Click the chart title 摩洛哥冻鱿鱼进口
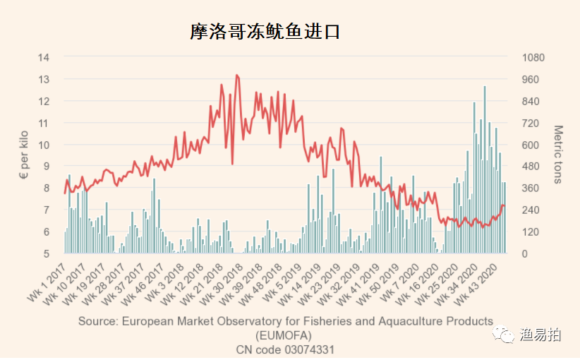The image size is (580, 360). (265, 32)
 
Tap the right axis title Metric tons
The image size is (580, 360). (557, 155)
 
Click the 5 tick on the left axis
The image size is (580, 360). (46, 253)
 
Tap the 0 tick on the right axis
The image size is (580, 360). (524, 253)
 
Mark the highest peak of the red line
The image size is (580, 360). (236, 75)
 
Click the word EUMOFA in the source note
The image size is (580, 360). (285, 335)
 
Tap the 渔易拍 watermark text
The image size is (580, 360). (541, 335)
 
